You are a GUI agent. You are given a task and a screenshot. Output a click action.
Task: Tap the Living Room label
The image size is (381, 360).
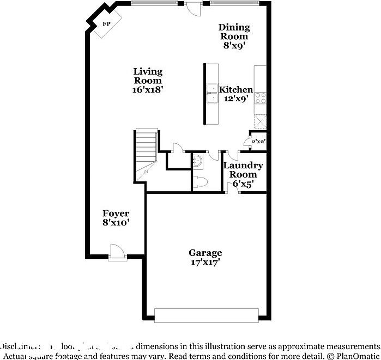[148, 76]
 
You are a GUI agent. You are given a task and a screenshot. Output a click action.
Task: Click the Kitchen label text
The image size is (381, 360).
[236, 90]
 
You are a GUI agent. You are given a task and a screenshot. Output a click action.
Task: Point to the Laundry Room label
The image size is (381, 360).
[243, 170]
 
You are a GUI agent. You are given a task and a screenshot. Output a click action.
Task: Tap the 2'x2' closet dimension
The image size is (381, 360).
[258, 142]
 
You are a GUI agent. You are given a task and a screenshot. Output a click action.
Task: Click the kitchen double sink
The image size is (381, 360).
[211, 94]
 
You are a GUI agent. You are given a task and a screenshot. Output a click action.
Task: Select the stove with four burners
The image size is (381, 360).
[261, 98]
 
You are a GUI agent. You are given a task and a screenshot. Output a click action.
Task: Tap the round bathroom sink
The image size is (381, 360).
[199, 161]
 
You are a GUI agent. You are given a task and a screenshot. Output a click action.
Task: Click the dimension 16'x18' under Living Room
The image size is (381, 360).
[148, 90]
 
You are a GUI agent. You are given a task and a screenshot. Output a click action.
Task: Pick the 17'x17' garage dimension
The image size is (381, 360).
[205, 262]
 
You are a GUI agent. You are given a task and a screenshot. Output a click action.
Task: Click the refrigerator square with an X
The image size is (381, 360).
[261, 121]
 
